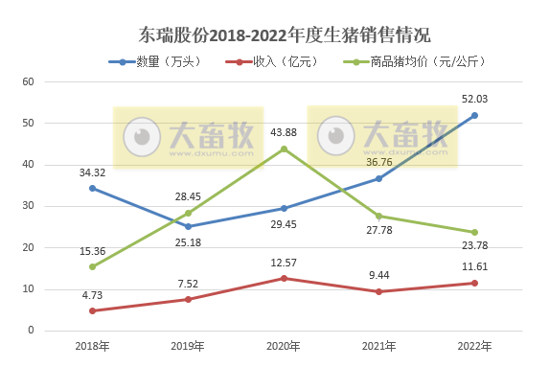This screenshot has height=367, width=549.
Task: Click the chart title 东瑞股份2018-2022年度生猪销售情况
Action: [273, 35]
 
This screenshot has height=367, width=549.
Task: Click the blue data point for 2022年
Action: [474, 115]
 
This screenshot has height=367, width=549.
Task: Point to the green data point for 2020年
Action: [284, 149]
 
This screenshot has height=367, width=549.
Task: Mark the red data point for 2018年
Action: [92, 310]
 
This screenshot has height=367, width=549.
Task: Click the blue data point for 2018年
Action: [92, 188]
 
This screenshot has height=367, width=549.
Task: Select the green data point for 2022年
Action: [474, 232]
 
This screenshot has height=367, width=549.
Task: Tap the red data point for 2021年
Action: [378, 291]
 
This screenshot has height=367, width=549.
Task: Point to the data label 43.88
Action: [284, 131]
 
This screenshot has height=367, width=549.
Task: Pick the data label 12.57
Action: [284, 263]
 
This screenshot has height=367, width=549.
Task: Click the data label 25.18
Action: [189, 243]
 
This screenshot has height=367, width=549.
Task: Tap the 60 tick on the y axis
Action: [28, 81]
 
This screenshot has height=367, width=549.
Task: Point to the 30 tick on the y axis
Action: [28, 206]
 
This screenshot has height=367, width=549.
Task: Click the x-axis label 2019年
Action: [188, 346]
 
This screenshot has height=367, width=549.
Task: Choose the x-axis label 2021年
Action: [378, 346]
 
